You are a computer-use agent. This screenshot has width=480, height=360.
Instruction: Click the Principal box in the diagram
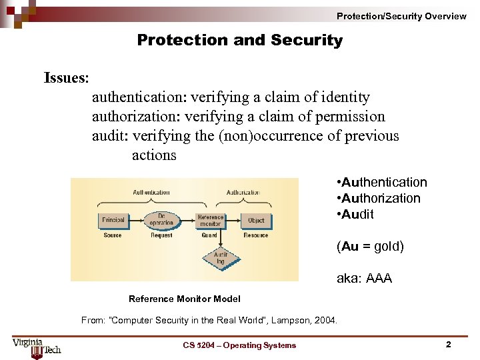tap(113, 220)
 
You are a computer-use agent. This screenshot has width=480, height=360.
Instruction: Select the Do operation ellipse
tap(162, 220)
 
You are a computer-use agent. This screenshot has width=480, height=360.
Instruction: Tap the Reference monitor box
tap(210, 220)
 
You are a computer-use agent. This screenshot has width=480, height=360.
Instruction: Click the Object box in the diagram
tap(256, 220)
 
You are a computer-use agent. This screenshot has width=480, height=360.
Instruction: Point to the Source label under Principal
tap(113, 235)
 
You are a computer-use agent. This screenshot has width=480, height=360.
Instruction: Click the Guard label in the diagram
tap(209, 235)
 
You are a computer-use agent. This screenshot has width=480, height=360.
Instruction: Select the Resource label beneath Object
tap(256, 235)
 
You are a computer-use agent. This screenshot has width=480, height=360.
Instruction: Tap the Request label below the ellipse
tap(161, 235)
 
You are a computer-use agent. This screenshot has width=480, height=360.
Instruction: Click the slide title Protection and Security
tap(239, 40)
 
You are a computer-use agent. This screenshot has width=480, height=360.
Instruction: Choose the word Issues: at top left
tap(66, 78)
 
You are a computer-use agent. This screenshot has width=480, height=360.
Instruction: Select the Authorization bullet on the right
tap(379, 198)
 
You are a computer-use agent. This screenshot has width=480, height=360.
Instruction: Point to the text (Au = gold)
tap(370, 246)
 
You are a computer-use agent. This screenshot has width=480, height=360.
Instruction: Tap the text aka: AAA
tap(364, 278)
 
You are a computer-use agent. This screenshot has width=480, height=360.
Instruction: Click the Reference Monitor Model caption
tap(184, 299)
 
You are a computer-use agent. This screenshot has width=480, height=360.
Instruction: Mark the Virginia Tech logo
tap(36, 346)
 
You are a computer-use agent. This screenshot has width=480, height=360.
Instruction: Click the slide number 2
tap(448, 345)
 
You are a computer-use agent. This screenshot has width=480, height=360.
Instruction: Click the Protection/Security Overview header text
tap(401, 16)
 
